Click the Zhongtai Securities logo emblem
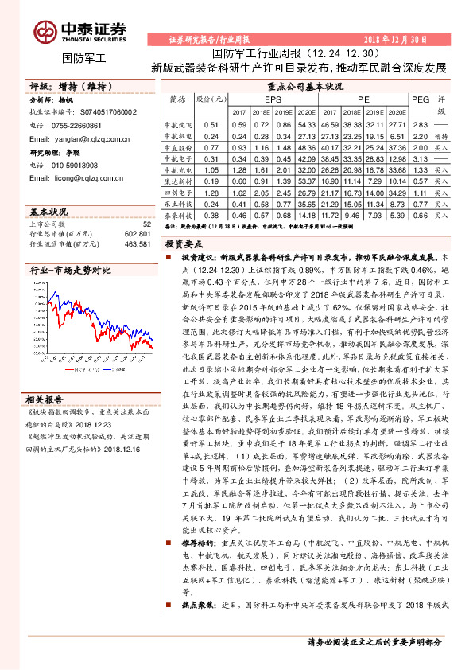tap(45, 31)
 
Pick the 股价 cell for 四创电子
tap(211, 193)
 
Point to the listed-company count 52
tap(146, 224)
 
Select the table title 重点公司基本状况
tap(305, 86)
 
